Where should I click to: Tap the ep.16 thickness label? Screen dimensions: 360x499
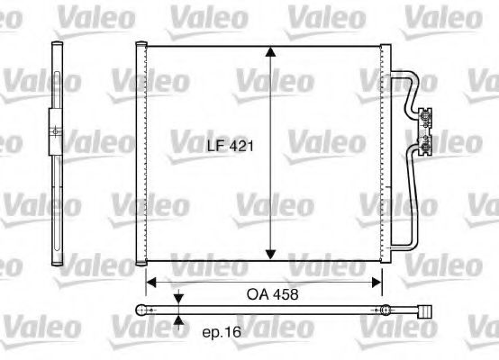[x=220, y=333]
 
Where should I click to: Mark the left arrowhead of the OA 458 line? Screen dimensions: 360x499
[x=151, y=281]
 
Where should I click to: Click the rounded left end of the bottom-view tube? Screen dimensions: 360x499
[x=141, y=310]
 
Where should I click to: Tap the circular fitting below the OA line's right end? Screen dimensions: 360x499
[x=385, y=310]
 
